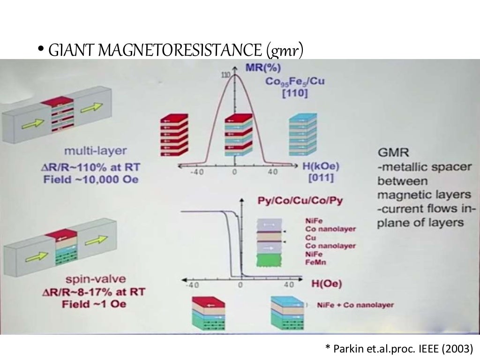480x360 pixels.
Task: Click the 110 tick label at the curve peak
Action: [x=225, y=75]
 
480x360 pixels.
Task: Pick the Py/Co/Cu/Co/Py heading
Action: [x=300, y=201]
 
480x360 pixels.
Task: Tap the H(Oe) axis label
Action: [x=326, y=283]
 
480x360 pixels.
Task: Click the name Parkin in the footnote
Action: [x=346, y=348]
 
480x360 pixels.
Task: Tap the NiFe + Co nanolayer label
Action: [x=355, y=305]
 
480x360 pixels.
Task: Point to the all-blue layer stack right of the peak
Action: [x=303, y=135]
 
